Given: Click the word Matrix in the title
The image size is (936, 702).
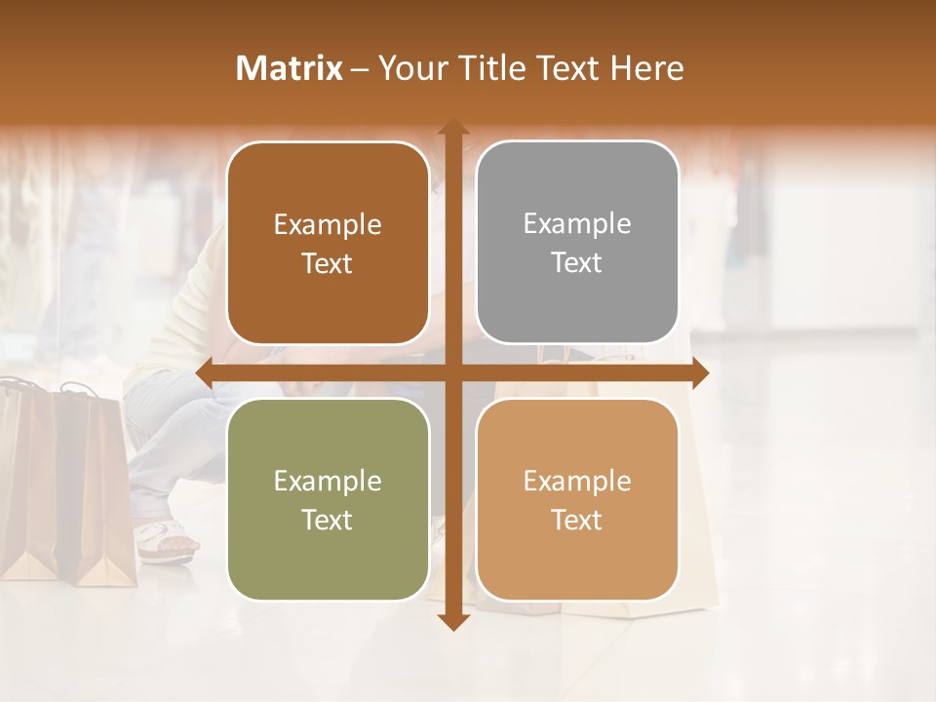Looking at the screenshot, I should click(290, 68).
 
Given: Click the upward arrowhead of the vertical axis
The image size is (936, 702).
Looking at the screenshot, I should click(452, 128).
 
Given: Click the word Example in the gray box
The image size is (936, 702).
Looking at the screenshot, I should click(577, 223).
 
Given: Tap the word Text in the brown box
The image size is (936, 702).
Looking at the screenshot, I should click(328, 264).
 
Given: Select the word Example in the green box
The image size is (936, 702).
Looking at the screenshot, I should click(328, 481).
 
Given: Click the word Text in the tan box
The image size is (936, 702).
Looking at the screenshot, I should click(577, 520).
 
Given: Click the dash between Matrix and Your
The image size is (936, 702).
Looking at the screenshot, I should click(360, 68).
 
